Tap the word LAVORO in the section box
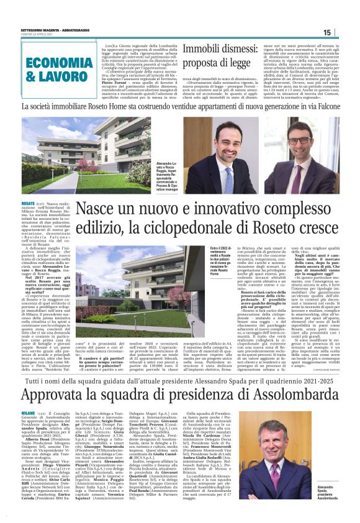click(66, 78)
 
